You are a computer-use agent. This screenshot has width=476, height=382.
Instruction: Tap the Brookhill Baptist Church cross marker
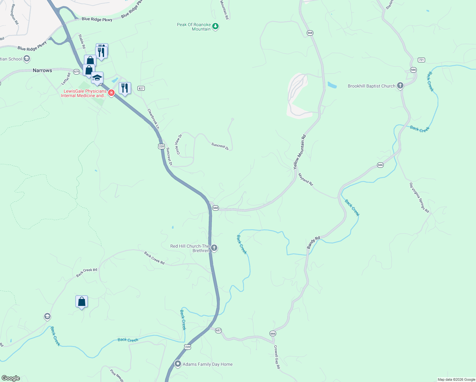[x=400, y=86]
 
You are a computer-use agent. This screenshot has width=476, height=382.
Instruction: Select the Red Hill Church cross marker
[x=214, y=248]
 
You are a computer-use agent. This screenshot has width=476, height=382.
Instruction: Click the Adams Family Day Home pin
[x=178, y=364]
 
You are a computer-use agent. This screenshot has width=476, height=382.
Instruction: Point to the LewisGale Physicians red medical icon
[x=111, y=93]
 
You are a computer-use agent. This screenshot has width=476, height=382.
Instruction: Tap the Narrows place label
[x=42, y=70]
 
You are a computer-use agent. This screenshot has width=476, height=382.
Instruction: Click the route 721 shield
[x=421, y=60]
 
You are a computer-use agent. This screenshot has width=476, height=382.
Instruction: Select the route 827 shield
[x=141, y=88]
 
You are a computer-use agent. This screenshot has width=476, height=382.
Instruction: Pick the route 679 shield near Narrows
[x=77, y=72]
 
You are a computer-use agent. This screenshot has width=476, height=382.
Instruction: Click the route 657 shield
[x=218, y=330]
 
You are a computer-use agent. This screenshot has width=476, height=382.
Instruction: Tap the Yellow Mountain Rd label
[x=299, y=152]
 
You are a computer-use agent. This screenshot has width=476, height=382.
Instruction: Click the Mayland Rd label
[x=305, y=179]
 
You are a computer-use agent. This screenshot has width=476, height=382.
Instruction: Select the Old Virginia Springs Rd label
[x=419, y=197]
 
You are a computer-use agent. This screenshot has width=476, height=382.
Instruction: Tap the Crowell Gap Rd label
[x=277, y=357]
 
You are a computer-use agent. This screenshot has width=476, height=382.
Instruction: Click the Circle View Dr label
[x=179, y=145]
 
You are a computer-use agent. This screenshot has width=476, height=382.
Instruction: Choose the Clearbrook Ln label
[x=153, y=119]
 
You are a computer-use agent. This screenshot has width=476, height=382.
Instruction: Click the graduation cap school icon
[x=97, y=78]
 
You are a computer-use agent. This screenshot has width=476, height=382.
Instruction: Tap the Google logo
[x=11, y=378]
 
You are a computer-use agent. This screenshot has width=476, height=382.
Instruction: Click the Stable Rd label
[x=82, y=41]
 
